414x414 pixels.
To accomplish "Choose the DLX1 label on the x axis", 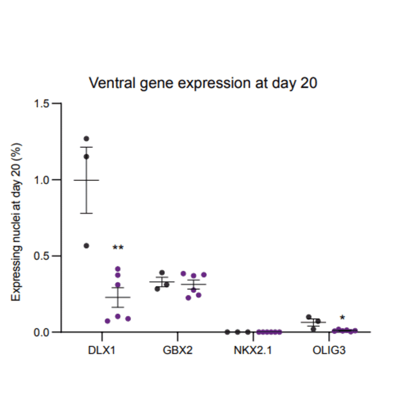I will point(102,350).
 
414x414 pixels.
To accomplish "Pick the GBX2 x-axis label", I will point(177,350).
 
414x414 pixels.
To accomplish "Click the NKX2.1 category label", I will point(253,350).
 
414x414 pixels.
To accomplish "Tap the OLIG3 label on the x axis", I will point(328,350).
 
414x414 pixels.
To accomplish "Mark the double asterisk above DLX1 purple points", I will point(118,248).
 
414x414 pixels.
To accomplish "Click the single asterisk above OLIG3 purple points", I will point(342,319).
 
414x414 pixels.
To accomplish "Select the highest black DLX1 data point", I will point(86,139).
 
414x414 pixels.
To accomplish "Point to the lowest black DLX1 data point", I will point(86,245).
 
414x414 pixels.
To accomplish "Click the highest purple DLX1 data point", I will point(118,269).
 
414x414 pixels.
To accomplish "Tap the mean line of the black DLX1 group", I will point(86,180).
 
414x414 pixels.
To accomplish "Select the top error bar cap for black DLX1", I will point(86,147).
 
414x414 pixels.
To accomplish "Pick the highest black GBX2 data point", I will point(161,273).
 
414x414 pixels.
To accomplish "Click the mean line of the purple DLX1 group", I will point(118,297).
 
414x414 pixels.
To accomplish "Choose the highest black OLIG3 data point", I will point(308,317).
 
